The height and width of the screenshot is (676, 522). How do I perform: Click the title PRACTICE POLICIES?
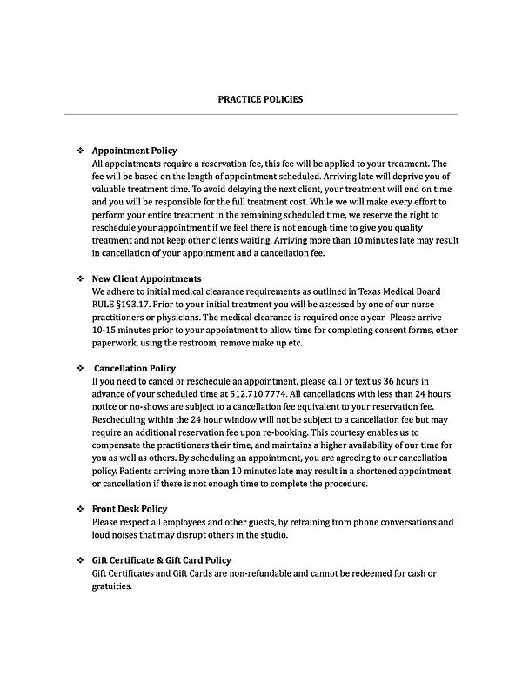coord(260,99)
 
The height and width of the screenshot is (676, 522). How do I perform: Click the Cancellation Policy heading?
coord(137,368)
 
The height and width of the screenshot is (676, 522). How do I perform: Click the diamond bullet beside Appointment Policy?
coord(80,151)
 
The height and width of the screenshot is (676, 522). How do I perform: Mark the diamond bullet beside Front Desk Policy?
coord(80,509)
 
